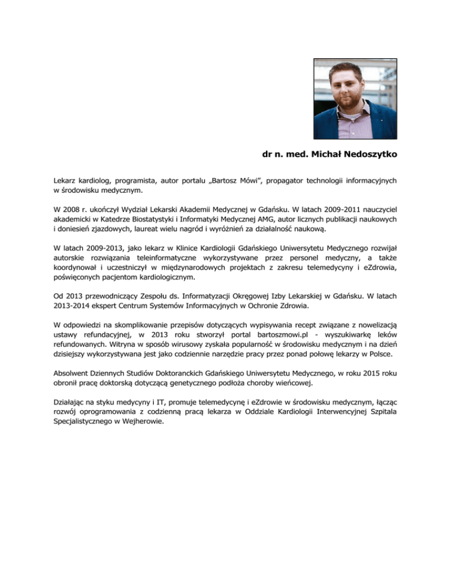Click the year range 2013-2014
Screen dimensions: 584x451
tap(68, 305)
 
